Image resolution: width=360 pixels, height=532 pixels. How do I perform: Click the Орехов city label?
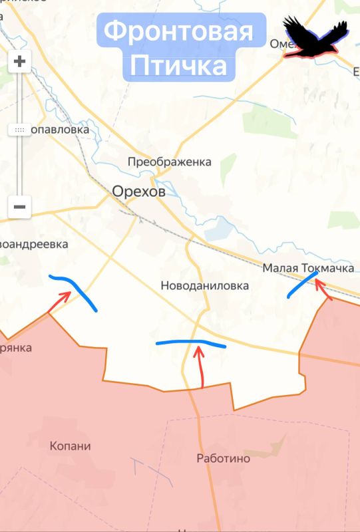coord(138,192)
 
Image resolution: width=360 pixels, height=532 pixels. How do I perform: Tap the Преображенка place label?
coord(169,162)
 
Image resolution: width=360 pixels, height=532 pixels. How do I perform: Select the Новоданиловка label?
coord(204,285)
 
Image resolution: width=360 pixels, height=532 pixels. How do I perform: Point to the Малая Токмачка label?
coord(299,268)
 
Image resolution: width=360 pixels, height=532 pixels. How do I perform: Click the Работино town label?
coord(224,458)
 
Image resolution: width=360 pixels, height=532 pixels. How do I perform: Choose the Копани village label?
coord(71,446)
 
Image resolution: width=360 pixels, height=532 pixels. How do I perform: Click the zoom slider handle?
coord(19,130)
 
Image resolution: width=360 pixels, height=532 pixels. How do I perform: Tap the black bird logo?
coord(314,37)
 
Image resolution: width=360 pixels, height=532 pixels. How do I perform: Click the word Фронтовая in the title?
coord(179,31)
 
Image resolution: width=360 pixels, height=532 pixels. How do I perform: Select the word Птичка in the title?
coord(178,66)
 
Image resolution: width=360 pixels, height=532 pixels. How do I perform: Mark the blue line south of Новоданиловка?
coord(190,343)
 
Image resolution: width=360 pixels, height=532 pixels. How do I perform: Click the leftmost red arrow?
coord(59,301)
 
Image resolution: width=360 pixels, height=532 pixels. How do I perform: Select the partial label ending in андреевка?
coord(35,244)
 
